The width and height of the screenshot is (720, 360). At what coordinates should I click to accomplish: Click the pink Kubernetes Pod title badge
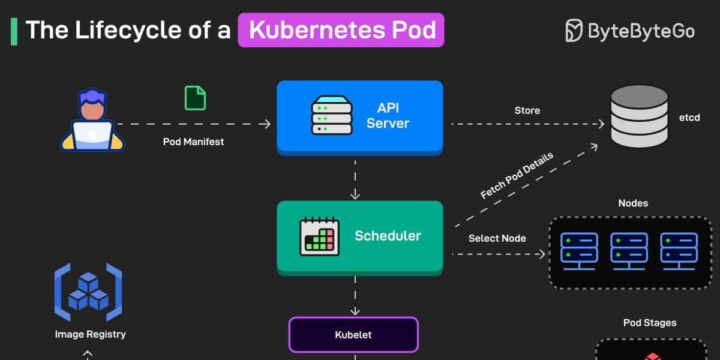(341, 30)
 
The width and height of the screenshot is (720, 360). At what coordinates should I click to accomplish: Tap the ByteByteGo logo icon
(574, 30)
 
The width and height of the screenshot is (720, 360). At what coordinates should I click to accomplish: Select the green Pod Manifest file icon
(195, 98)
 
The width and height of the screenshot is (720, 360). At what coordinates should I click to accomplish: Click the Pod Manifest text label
(193, 142)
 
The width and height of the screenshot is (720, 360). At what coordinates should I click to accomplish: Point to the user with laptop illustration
(92, 120)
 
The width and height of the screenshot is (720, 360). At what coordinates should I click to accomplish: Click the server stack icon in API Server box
(331, 116)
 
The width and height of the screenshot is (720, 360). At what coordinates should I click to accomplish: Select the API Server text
(388, 116)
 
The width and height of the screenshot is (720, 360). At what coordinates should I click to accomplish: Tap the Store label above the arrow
(527, 110)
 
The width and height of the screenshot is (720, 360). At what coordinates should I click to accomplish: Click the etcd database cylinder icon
(639, 116)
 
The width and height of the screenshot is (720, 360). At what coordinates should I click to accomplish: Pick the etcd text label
(689, 118)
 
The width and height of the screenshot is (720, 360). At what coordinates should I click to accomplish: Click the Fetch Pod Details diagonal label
(517, 175)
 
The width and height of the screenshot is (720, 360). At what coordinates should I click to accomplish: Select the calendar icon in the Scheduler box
(319, 236)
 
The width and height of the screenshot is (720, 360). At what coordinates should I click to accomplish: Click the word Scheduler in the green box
(388, 236)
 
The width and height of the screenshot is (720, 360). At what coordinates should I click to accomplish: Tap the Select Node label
(497, 238)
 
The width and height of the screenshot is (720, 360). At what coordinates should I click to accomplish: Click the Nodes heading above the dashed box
(633, 203)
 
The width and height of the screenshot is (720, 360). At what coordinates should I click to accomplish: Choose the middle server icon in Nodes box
(629, 250)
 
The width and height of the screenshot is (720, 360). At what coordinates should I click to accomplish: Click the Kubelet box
(353, 335)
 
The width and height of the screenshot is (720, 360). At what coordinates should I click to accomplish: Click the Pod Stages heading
(650, 323)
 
